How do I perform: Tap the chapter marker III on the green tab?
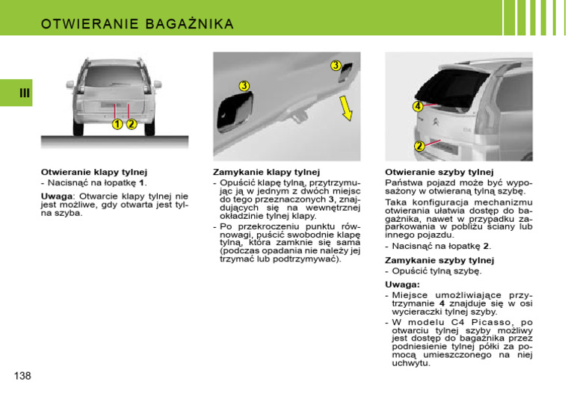click(x=25, y=93)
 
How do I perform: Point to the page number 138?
click(x=22, y=375)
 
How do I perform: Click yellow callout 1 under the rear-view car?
click(x=117, y=124)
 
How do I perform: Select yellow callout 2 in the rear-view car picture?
click(x=131, y=124)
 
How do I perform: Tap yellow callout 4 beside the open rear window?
click(x=418, y=107)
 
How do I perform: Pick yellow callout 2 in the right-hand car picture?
click(x=419, y=146)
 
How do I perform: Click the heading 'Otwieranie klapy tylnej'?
click(x=93, y=172)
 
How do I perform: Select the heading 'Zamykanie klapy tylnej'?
click(x=266, y=172)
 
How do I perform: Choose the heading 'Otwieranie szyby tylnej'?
click(x=439, y=172)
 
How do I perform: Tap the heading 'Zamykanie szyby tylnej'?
click(x=439, y=260)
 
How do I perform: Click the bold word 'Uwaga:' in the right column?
click(x=402, y=285)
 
